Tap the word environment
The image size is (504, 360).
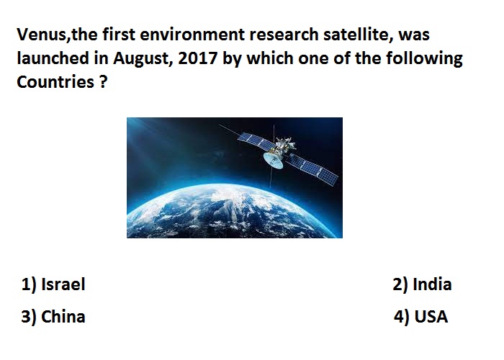[192, 34]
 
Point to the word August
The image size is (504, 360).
[141, 58]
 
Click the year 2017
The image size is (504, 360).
[198, 58]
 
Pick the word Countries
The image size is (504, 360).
[55, 82]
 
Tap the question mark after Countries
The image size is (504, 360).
[103, 81]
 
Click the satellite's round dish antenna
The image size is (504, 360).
[273, 160]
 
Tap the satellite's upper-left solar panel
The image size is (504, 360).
[256, 141]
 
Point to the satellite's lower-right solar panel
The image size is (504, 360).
[312, 168]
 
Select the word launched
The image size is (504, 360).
[53, 58]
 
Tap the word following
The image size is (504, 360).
[424, 58]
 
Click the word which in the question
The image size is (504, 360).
[270, 58]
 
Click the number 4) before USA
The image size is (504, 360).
[402, 317]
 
